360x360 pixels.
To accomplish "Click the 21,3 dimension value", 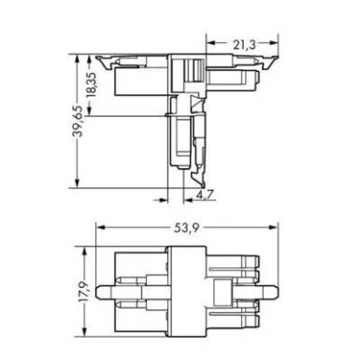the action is point(244,45).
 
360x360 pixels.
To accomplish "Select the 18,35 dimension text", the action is point(92,85).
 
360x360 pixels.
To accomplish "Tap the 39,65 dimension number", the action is point(78,122).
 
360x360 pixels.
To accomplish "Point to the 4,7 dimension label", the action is point(205,195).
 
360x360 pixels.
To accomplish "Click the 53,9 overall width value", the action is point(186,228).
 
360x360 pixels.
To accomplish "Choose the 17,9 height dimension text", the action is point(83,292).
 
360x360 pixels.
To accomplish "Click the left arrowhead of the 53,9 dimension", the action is point(100,227).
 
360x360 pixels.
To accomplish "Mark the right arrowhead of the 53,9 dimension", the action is point(273,227).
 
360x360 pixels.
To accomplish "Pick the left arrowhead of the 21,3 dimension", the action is point(210,43).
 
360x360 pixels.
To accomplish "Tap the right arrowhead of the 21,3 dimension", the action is point(273,43).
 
